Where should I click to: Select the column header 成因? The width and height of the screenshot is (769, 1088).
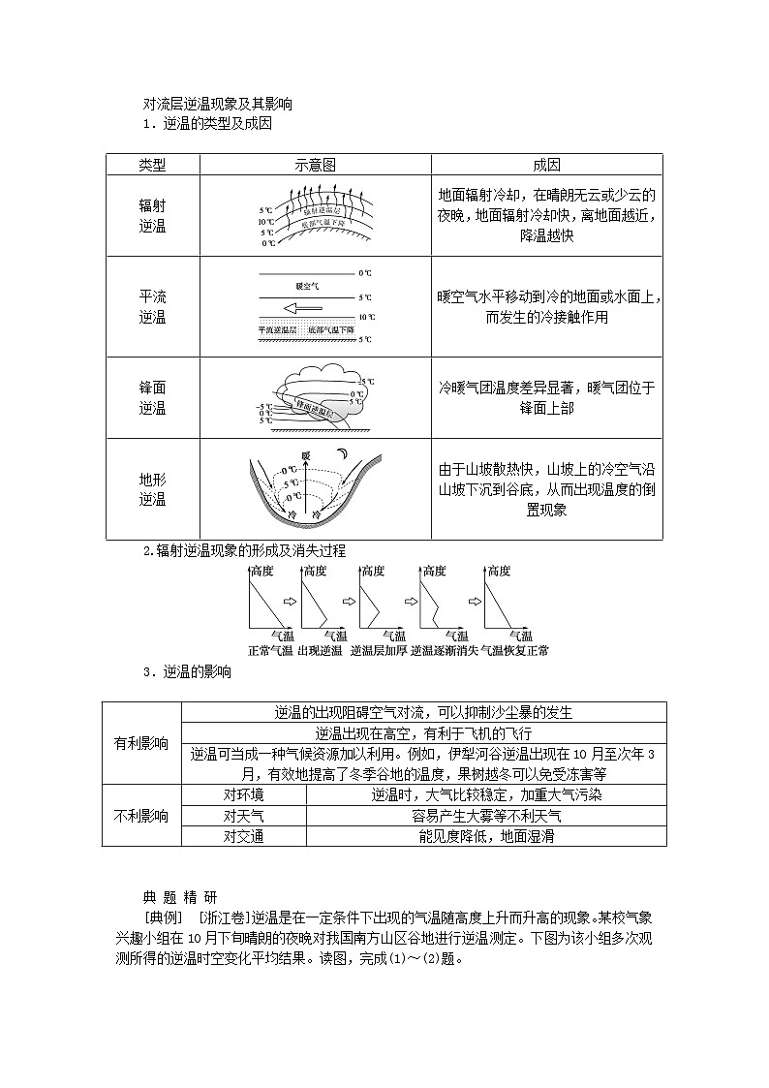546,166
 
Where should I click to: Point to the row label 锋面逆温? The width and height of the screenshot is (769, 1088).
152,397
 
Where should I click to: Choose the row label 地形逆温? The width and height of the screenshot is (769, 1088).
152,489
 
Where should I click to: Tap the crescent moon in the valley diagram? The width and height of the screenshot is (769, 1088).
340,455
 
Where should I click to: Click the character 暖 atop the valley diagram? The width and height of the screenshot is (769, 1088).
306,454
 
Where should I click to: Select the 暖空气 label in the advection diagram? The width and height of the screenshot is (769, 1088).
307,287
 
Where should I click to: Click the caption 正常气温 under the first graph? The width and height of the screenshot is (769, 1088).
270,650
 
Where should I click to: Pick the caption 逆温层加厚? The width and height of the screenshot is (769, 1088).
379,650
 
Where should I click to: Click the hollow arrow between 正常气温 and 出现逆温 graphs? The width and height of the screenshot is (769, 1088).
289,602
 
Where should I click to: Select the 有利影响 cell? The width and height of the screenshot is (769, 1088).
140,744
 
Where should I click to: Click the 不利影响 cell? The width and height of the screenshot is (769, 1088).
140,816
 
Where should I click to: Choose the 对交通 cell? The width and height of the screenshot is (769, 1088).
243,836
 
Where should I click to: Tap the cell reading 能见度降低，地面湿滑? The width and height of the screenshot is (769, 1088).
485,836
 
